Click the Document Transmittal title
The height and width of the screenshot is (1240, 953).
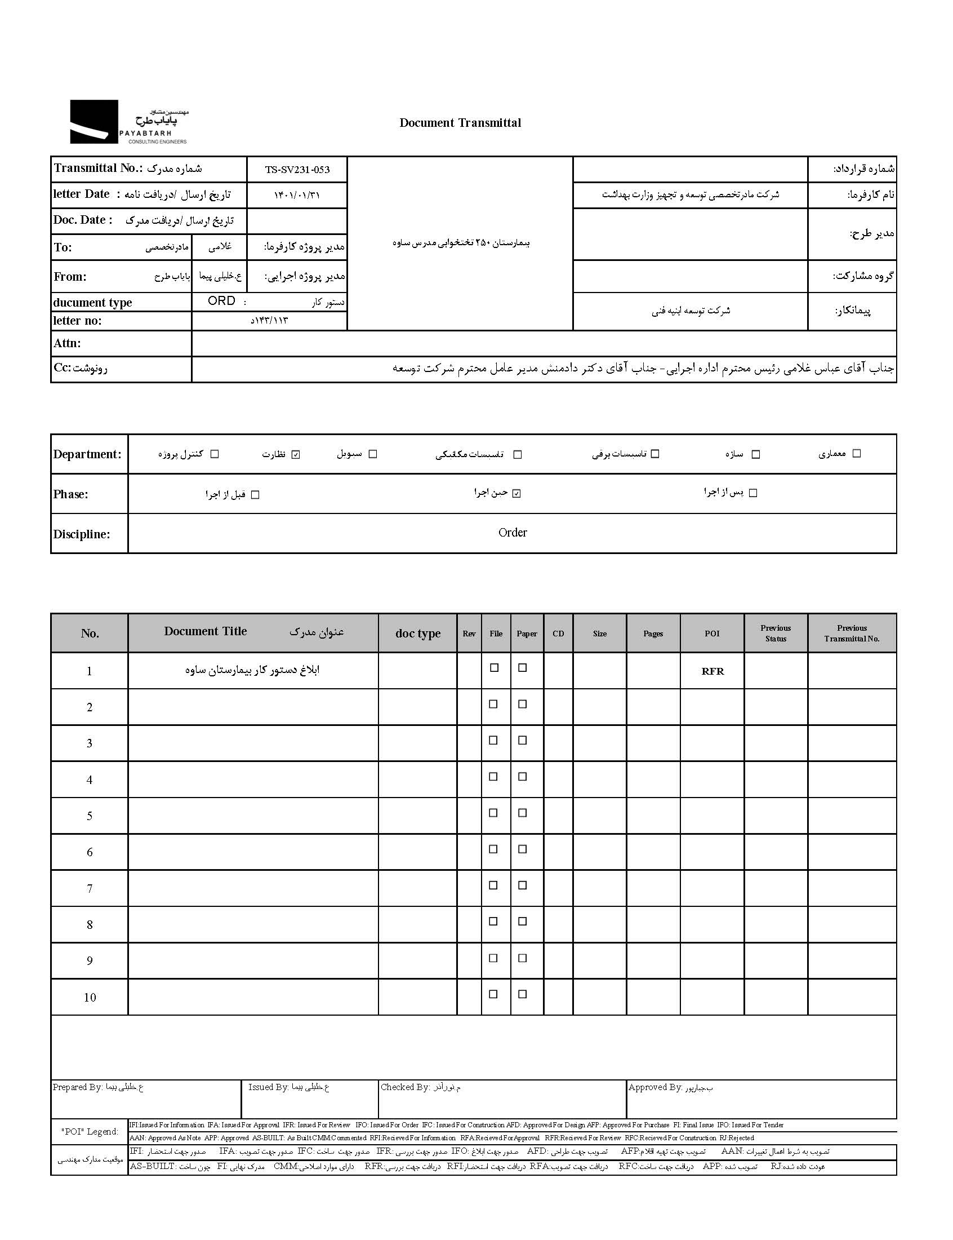click(x=460, y=122)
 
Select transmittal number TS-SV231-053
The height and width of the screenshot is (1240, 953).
click(x=297, y=170)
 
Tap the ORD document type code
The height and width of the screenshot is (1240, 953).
click(x=221, y=301)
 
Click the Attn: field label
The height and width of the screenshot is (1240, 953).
click(x=68, y=343)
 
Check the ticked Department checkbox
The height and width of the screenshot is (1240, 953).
click(x=296, y=454)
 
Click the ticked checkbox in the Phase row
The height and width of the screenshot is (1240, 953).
click(x=516, y=494)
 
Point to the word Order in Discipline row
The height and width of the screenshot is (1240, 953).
click(x=512, y=533)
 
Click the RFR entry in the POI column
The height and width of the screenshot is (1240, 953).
click(x=712, y=671)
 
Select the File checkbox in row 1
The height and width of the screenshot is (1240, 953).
click(x=494, y=668)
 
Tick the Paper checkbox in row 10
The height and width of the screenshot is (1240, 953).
click(x=523, y=994)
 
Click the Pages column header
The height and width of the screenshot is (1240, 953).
click(x=653, y=634)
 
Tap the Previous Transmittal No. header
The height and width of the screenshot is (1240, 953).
click(x=852, y=634)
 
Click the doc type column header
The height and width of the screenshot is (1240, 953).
click(x=417, y=634)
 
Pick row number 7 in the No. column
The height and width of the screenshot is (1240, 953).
click(x=90, y=889)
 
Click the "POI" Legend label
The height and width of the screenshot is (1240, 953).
click(x=90, y=1132)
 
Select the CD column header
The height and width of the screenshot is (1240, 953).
click(x=558, y=634)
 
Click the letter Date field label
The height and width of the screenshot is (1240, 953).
click(x=81, y=194)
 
